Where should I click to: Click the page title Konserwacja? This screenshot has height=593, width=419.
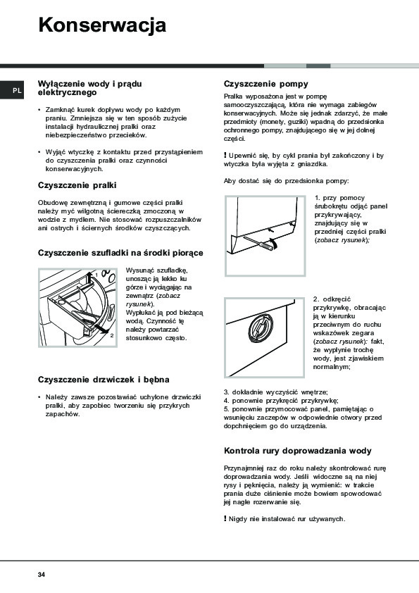(102, 25)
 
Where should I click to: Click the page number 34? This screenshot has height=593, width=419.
(42, 575)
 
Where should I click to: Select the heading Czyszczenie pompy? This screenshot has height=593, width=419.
(266, 84)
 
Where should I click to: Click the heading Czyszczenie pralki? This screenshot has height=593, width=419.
(77, 185)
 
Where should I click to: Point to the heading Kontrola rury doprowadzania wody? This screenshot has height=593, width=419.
(298, 451)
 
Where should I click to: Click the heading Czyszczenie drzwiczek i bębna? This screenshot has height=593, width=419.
(104, 380)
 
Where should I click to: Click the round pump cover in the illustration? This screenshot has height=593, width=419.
(261, 329)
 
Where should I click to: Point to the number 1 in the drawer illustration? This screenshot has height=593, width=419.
(96, 275)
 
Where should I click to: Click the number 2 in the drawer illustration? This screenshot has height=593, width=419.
(111, 335)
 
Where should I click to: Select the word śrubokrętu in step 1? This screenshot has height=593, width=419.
(332, 206)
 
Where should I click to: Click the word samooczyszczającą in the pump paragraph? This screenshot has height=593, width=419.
(255, 105)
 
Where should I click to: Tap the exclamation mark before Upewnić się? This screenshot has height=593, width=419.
(225, 155)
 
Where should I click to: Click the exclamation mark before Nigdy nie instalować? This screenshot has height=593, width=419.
(225, 518)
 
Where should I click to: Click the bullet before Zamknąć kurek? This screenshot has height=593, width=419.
(39, 110)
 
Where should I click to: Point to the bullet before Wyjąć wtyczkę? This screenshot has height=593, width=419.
(39, 152)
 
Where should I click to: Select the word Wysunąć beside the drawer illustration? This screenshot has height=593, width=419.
(139, 270)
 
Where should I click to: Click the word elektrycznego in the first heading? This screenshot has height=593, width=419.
(68, 93)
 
